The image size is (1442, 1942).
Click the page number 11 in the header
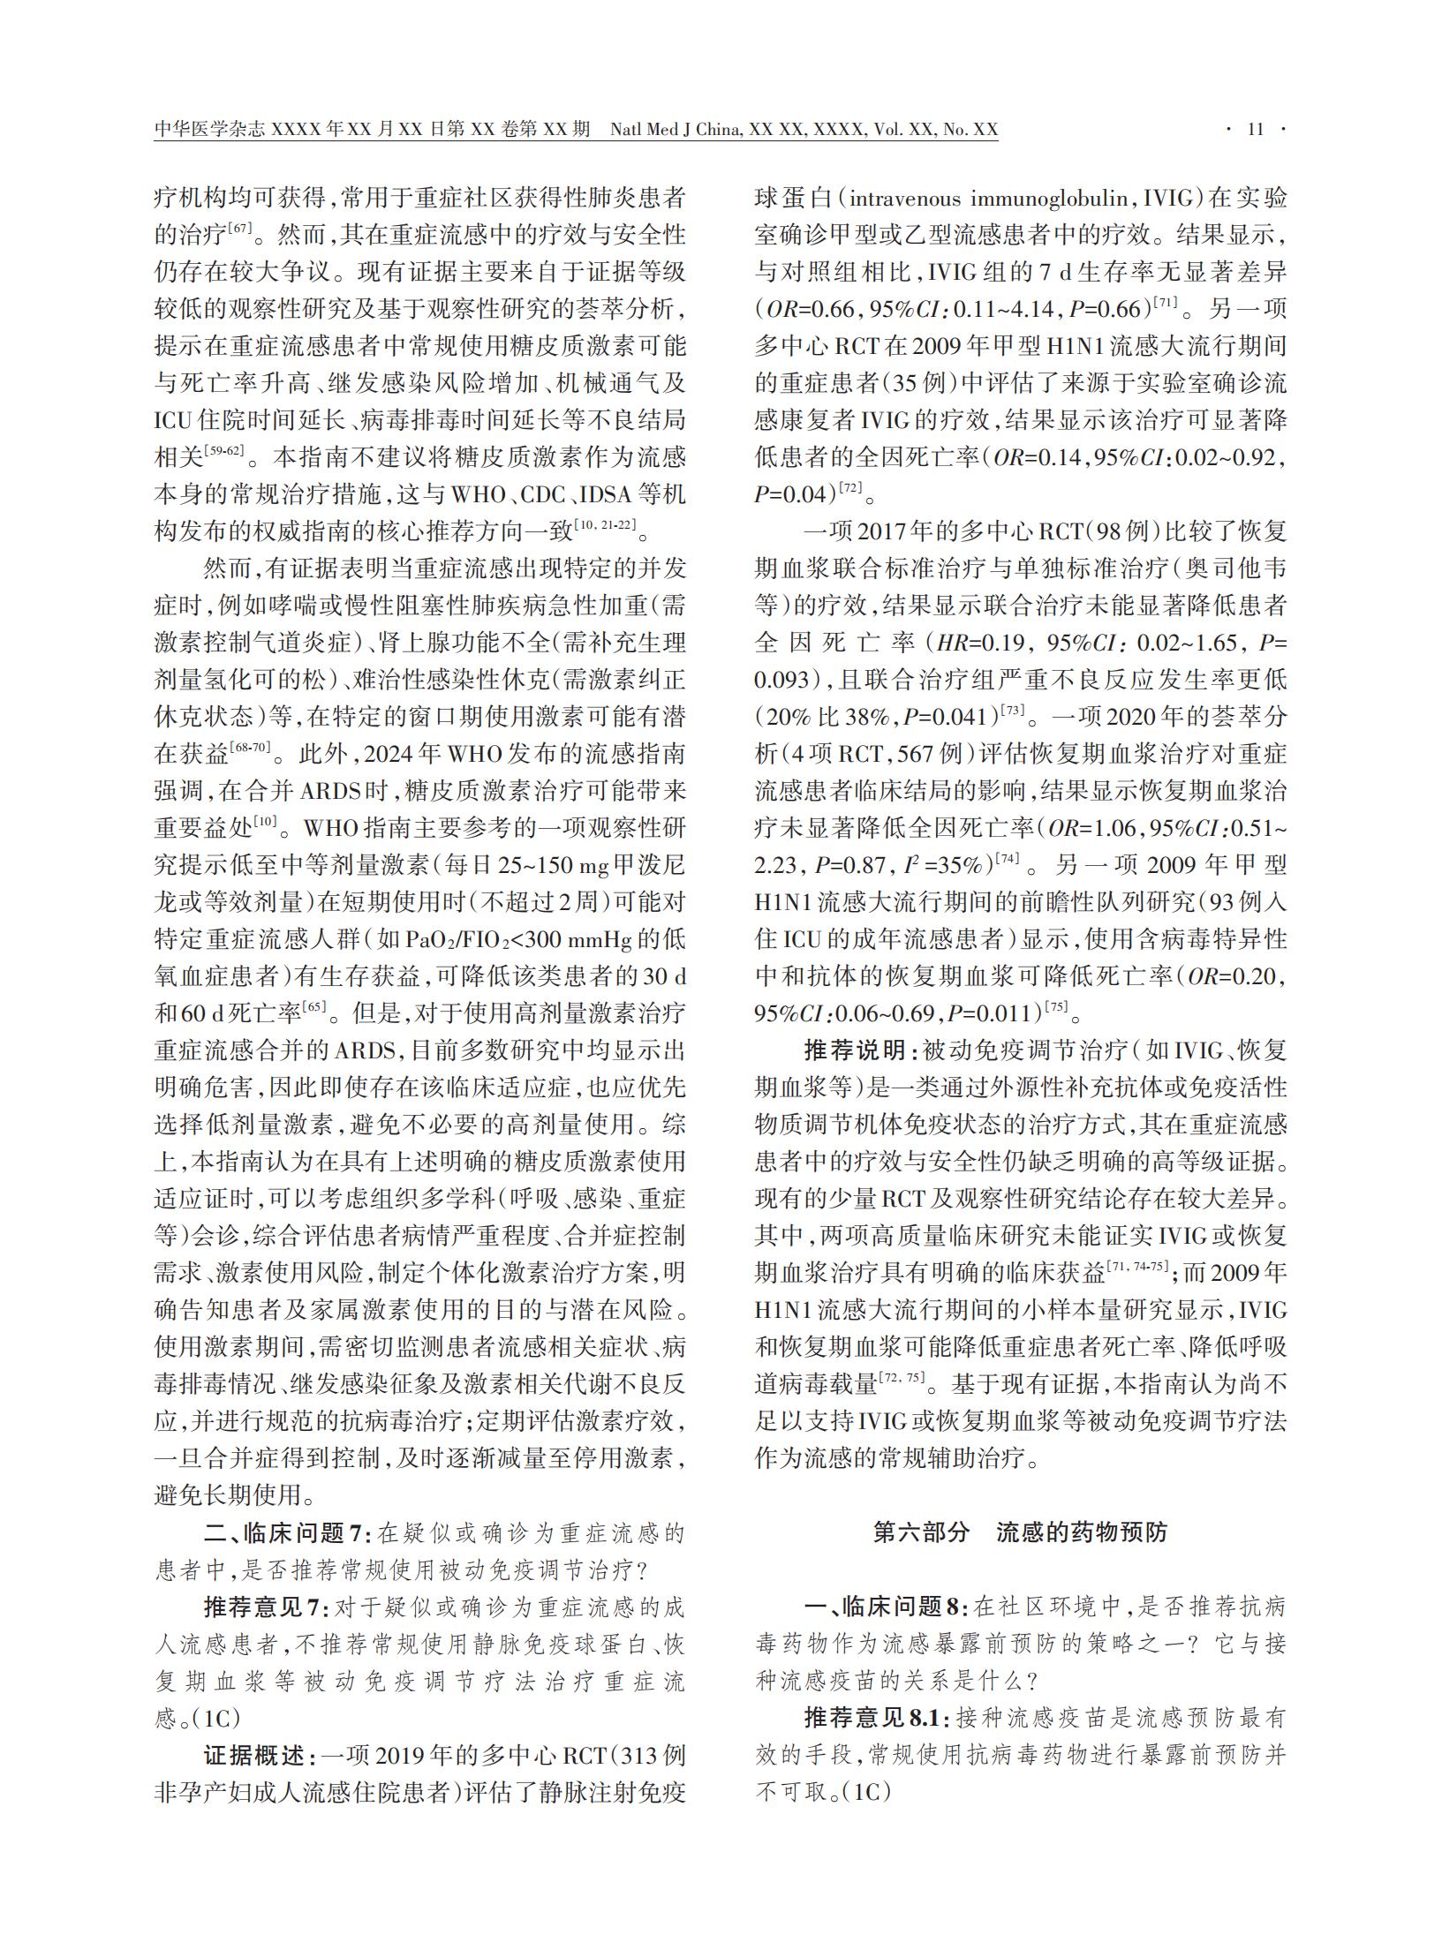(1255, 130)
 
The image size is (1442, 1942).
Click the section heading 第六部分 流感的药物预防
(1020, 1532)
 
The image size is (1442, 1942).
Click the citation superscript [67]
(240, 230)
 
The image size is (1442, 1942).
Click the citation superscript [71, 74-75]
(1138, 1268)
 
